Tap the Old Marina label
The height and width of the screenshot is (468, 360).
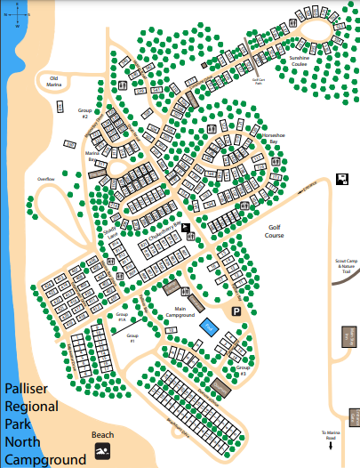(x=59, y=80)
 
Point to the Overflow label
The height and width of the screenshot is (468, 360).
(x=46, y=179)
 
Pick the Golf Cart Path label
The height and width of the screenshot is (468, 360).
(x=260, y=82)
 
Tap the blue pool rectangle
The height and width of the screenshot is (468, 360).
(x=208, y=327)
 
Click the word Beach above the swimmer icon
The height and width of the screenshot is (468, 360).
(x=103, y=435)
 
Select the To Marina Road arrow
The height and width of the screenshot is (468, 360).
(x=331, y=447)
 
